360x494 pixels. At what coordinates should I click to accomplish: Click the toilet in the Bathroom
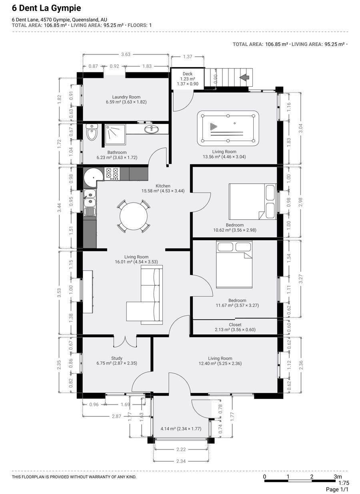pyautogui.click(x=92, y=132)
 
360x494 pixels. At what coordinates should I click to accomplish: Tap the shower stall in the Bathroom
pyautogui.click(x=115, y=135)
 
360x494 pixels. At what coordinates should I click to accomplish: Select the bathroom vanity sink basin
pyautogui.click(x=152, y=129)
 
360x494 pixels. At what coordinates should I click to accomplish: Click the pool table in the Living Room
pyautogui.click(x=228, y=128)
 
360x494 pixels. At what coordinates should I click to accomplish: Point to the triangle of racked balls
pyautogui.click(x=213, y=127)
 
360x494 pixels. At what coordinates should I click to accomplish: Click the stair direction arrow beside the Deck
pyautogui.click(x=244, y=78)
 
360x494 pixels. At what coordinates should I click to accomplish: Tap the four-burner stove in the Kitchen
pyautogui.click(x=112, y=173)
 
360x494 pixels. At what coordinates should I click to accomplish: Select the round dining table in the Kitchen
pyautogui.click(x=134, y=216)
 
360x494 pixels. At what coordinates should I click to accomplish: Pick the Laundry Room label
pyautogui.click(x=126, y=97)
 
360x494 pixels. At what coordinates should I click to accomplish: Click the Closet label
pyautogui.click(x=235, y=325)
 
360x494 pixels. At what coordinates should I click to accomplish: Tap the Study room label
pyautogui.click(x=117, y=358)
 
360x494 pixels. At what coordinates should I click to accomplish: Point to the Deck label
pyautogui.click(x=187, y=74)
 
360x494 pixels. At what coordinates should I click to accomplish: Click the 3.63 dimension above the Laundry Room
pyautogui.click(x=126, y=54)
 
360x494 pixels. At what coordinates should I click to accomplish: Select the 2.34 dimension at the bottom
pyautogui.click(x=181, y=461)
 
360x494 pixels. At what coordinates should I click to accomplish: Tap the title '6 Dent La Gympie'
pyautogui.click(x=46, y=8)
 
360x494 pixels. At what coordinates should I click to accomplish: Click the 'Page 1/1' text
pyautogui.click(x=337, y=489)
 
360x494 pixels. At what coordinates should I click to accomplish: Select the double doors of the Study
pyautogui.click(x=125, y=342)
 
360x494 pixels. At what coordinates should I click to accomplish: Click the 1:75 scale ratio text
pyautogui.click(x=344, y=482)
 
